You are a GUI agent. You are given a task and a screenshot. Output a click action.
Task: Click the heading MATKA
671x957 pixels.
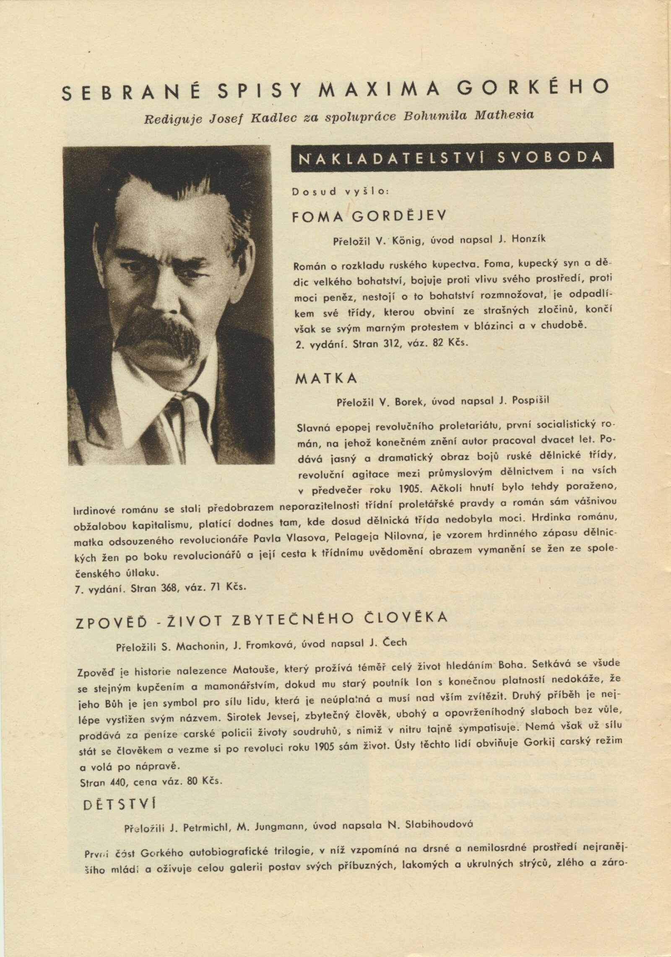point(327,379)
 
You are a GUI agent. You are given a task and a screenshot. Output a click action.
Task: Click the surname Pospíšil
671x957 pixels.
point(528,400)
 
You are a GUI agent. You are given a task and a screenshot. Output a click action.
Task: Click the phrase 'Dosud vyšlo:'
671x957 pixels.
point(341,192)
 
